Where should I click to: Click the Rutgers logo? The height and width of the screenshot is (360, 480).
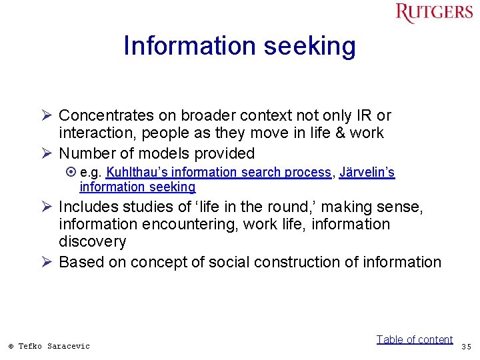pos(433,13)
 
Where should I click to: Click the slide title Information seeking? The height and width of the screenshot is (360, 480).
pos(239,46)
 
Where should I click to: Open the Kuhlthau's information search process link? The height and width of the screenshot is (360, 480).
pos(219,172)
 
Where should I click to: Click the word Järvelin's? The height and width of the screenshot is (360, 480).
pos(367,172)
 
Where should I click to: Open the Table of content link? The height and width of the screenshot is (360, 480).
pos(414,339)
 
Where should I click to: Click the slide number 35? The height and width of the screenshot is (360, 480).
pos(465,346)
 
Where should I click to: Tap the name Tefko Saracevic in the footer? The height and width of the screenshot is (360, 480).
pos(54,346)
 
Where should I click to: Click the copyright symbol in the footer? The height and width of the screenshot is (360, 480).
pos(11,346)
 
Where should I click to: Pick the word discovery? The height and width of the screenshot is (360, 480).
pos(92,241)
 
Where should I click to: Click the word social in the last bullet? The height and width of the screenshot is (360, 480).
pos(228,262)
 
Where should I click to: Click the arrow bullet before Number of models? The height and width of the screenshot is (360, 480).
pos(45,153)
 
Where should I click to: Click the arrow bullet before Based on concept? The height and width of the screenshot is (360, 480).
pos(45,262)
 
